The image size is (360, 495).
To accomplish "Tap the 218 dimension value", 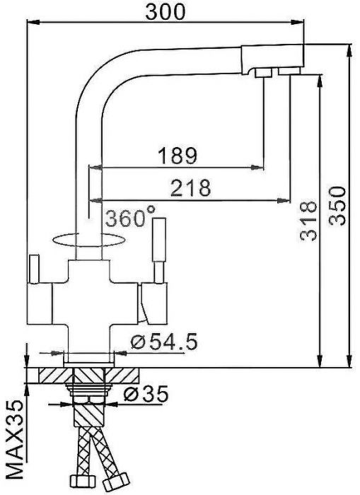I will click(x=191, y=188).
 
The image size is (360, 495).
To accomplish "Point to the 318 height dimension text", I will click(x=307, y=221).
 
